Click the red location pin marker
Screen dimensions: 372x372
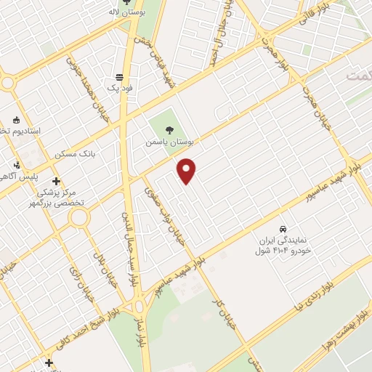(x=187, y=171)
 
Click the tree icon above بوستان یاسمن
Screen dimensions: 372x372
(x=169, y=131)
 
